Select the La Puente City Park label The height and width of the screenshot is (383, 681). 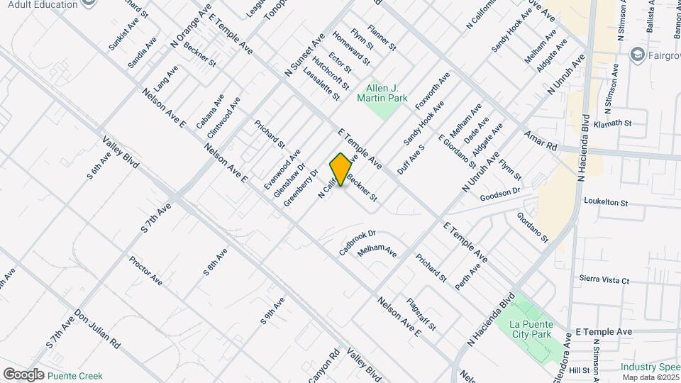coord(531,329)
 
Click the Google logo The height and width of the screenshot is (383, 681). coord(23,374)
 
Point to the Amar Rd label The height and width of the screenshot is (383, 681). coord(541,140)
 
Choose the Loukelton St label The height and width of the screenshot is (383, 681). coord(606,202)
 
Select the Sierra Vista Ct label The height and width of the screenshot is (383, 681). coord(604,280)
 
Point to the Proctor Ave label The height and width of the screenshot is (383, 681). coord(145,271)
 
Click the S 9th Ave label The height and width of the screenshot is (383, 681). coord(272,311)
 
